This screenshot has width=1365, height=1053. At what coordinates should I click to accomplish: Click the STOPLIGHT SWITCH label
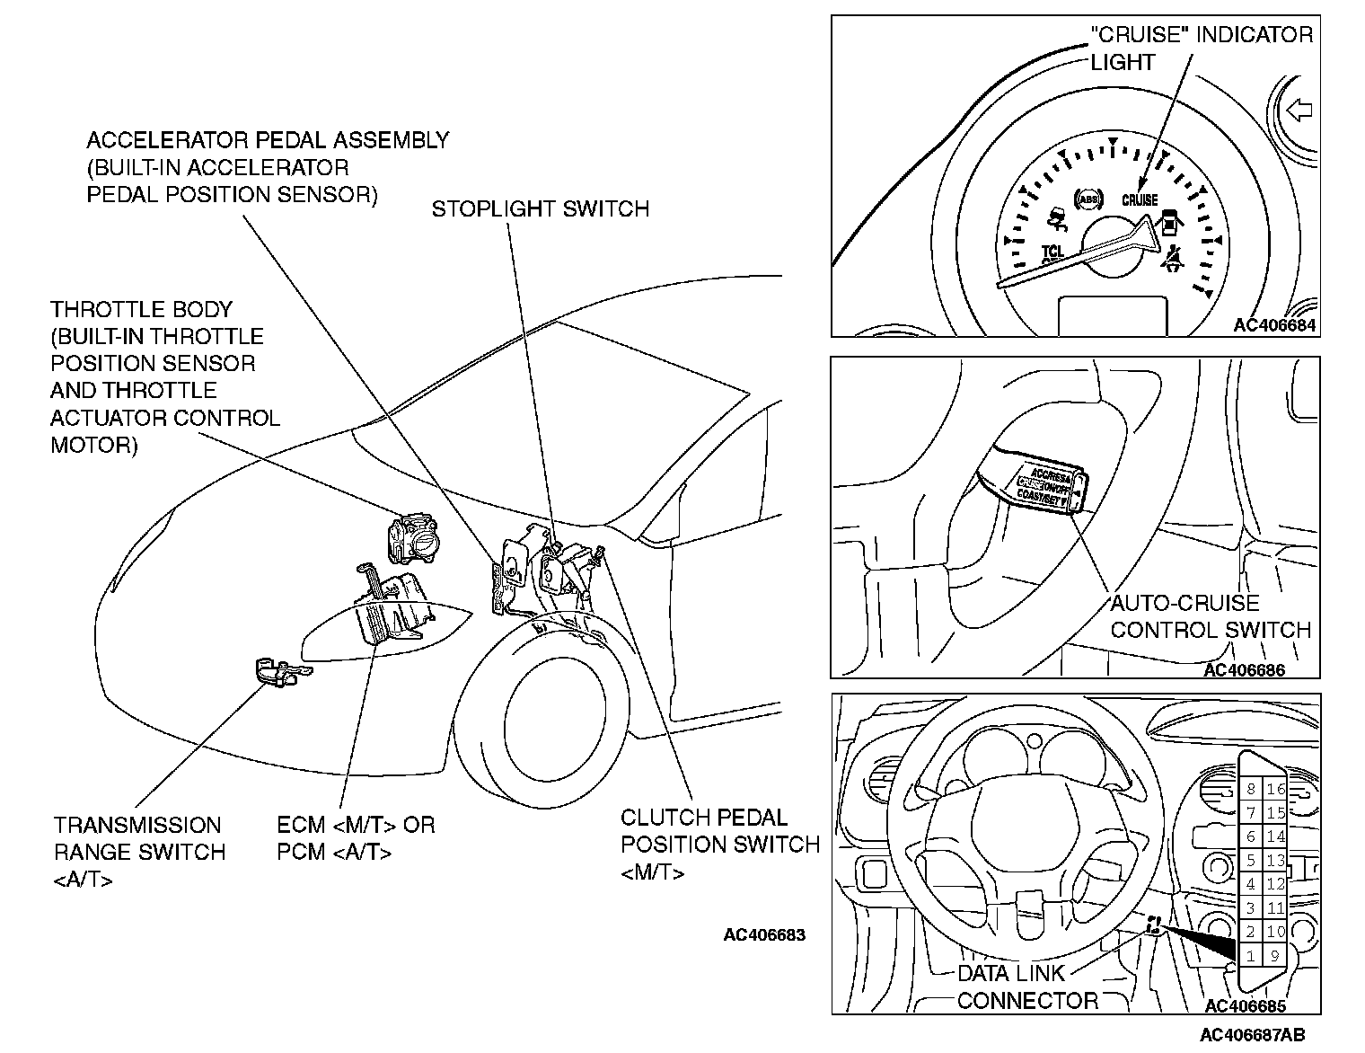point(540,209)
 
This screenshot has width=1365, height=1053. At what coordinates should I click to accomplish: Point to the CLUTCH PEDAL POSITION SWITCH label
point(719,845)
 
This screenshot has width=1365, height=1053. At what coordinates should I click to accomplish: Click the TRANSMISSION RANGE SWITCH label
point(139,852)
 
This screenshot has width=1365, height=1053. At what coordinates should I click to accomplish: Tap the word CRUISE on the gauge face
point(1140,200)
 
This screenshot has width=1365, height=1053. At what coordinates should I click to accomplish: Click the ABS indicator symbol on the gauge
point(1088,199)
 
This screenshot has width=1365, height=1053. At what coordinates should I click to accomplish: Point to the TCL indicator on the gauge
point(1052,252)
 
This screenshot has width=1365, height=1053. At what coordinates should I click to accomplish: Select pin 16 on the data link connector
point(1275,790)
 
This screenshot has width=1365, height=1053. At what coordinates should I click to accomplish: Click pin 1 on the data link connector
point(1251,956)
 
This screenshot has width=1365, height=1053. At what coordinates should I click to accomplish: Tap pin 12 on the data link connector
point(1275,884)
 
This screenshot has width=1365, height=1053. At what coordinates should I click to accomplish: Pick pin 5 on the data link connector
point(1251,860)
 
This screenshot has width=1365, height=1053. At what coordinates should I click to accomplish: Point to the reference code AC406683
point(764,935)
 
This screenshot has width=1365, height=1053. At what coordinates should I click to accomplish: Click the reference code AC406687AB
point(1253,1034)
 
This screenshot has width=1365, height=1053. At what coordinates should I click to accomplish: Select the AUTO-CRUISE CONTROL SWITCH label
point(1210,616)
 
